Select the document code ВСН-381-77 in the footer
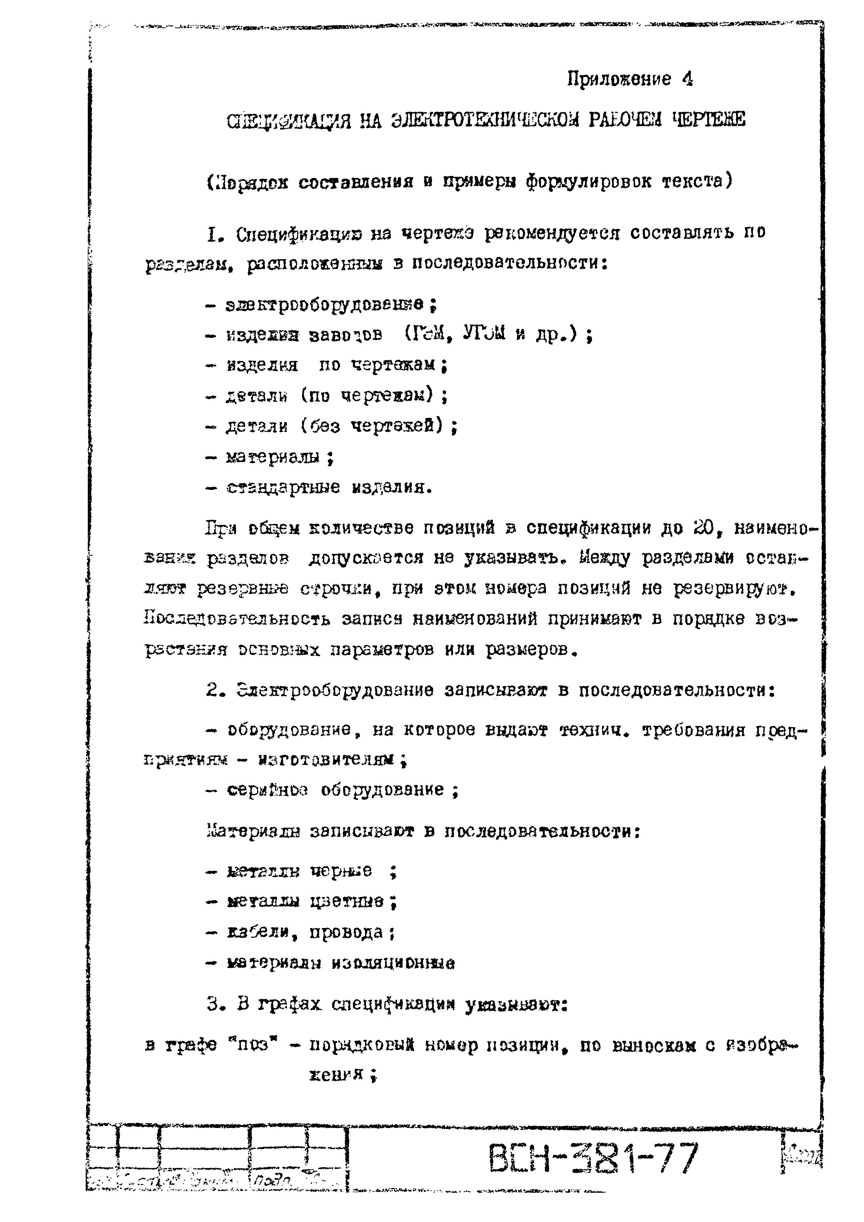coord(593,1160)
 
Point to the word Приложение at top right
coord(619,79)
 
